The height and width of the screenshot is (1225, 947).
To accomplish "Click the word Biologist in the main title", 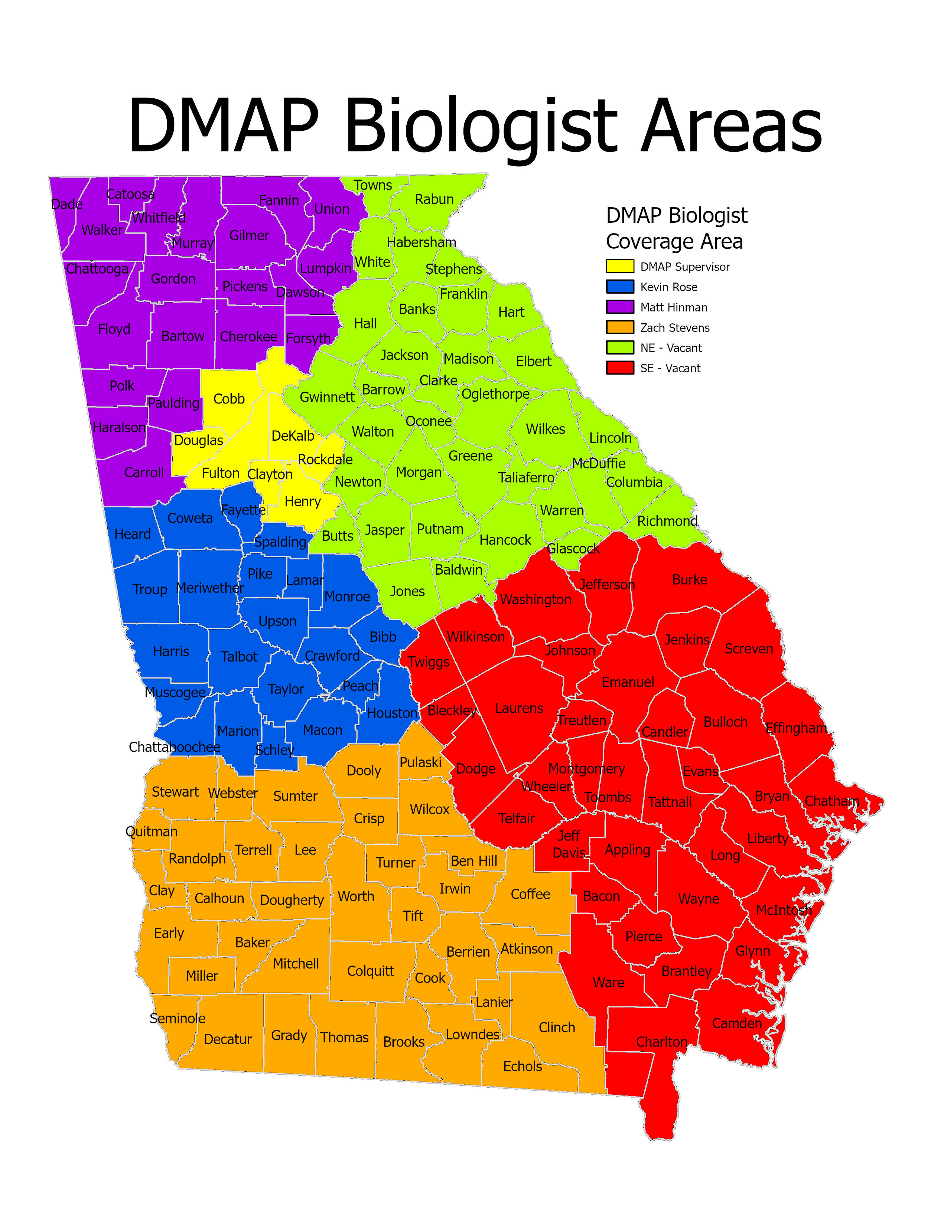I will tap(481, 126).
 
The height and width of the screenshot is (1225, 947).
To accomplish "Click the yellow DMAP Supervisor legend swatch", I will tap(619, 267).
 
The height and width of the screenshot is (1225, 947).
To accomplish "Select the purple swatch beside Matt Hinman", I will tap(619, 307).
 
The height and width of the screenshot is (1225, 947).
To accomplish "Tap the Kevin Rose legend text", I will tap(669, 287).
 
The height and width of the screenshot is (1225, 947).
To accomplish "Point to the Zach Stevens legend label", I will tap(674, 327).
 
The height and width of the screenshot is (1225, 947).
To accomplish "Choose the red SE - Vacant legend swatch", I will tap(619, 368).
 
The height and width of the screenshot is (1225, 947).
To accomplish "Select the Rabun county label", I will tap(434, 199).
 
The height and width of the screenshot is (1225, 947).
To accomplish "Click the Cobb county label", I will tap(229, 399).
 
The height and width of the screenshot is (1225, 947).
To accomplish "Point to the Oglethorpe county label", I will tap(495, 394).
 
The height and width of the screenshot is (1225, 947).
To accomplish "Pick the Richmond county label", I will tap(667, 521).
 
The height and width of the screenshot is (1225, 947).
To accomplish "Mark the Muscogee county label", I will tap(175, 692).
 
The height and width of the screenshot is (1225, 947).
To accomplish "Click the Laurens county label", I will tap(519, 708).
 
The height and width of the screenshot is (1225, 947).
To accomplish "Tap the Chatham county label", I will tap(832, 801).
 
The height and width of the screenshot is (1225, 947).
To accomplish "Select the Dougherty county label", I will tap(292, 900).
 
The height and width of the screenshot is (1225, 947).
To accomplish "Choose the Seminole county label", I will tap(177, 1019).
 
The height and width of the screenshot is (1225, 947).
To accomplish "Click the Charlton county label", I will tap(661, 1042).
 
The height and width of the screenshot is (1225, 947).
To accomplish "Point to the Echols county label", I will tap(522, 1066).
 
